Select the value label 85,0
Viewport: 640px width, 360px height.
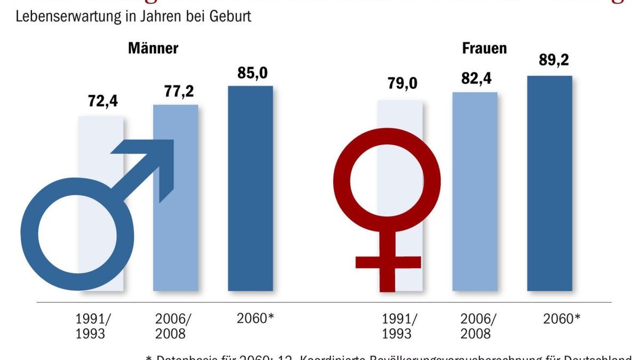click(x=250, y=71)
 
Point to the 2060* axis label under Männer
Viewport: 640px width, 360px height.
click(x=255, y=318)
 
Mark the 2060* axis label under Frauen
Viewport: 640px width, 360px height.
click(x=562, y=318)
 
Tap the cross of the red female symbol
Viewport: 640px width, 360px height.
click(x=388, y=262)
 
